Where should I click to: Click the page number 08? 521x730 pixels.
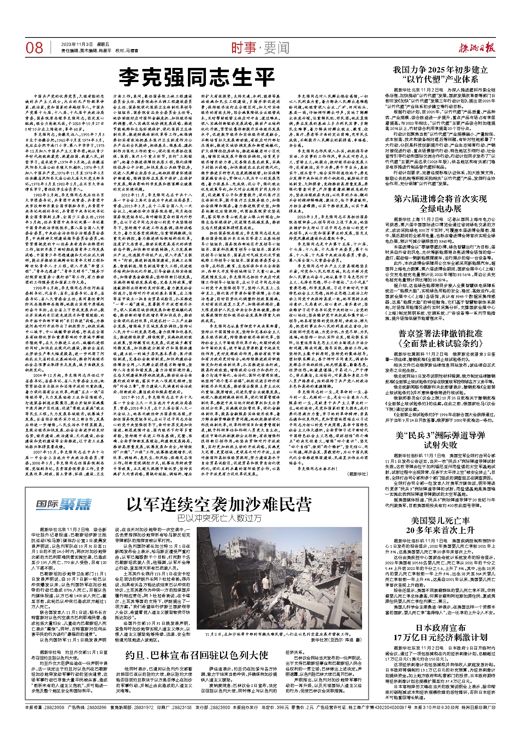pyautogui.click(x=34, y=48)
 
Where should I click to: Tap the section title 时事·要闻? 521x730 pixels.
pyautogui.click(x=260, y=48)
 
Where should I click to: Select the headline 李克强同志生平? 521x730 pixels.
pyautogui.click(x=197, y=77)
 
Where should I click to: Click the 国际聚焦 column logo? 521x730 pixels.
pyautogui.click(x=64, y=504)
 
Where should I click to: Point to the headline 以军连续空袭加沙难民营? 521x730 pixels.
pyautogui.click(x=219, y=504)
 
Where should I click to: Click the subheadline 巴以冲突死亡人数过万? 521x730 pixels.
pyautogui.click(x=219, y=518)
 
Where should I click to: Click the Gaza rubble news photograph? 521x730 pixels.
pyautogui.click(x=279, y=578)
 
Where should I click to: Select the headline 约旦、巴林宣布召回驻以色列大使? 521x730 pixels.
pyautogui.click(x=197, y=655)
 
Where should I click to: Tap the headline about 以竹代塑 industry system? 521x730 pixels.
pyautogui.click(x=440, y=74)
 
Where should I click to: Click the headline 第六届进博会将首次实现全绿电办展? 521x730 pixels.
pyautogui.click(x=440, y=203)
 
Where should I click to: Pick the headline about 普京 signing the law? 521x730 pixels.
pyautogui.click(x=440, y=338)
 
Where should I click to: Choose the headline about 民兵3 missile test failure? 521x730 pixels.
pyautogui.click(x=440, y=440)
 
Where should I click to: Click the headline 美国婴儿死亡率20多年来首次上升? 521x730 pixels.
pyautogui.click(x=440, y=525)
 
